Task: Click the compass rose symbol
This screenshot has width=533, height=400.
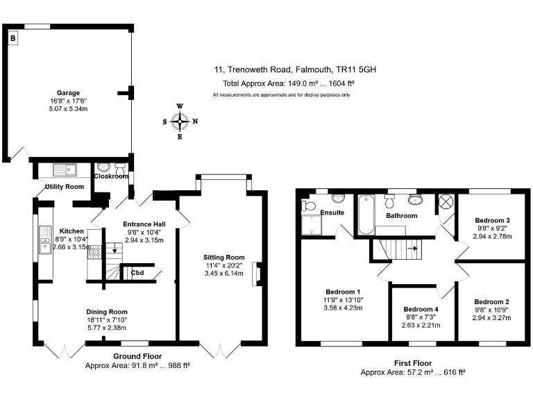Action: click(180, 122)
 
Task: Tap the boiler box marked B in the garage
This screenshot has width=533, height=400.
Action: click(12, 39)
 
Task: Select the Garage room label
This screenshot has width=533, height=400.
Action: click(68, 92)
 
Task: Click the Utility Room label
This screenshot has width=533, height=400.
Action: click(65, 187)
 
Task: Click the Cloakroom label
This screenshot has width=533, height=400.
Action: click(111, 176)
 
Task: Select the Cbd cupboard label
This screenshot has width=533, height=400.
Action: click(137, 273)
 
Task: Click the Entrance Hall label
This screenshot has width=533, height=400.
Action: click(144, 224)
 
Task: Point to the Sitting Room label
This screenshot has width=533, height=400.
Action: click(224, 257)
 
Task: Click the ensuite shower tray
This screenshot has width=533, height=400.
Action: click(312, 224)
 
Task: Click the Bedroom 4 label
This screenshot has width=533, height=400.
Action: click(422, 308)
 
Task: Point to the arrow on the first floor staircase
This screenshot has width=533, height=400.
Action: click(410, 247)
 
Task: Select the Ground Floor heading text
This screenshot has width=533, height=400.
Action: click(137, 356)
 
